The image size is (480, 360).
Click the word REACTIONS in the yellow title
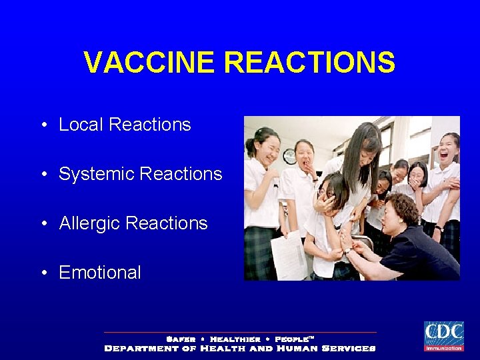[x=310, y=63]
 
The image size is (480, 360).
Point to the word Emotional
[x=100, y=273]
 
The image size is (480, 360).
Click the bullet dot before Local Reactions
[x=43, y=125]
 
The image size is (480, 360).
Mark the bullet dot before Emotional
[x=43, y=273]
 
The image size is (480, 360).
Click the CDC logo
[x=443, y=333]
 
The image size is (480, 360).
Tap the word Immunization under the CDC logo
[x=443, y=347]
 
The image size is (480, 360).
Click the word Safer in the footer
[x=180, y=339]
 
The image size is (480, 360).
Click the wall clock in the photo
[x=289, y=157]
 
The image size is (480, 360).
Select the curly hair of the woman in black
[x=403, y=208]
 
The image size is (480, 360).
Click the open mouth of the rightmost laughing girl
[x=445, y=157]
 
